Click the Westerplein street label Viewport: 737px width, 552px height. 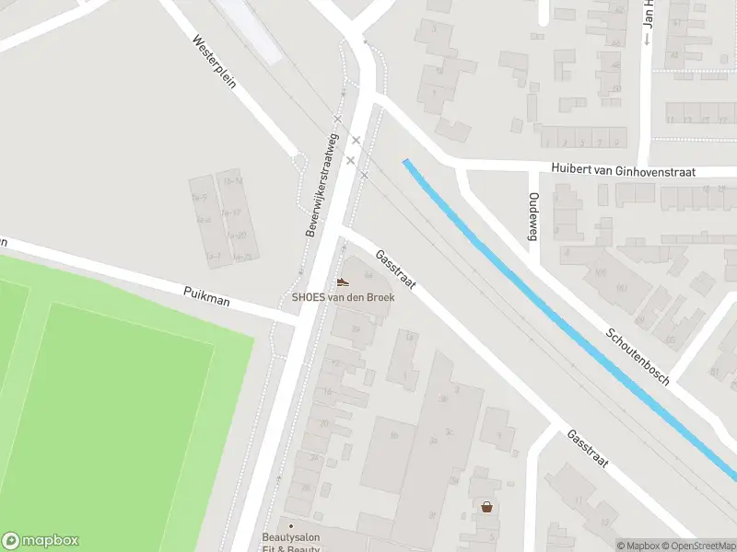click(215, 63)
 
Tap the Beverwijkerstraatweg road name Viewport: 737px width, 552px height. click(320, 184)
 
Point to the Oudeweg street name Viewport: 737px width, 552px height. click(532, 217)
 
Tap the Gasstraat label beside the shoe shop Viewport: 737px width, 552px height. click(396, 270)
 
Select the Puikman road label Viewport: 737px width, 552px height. click(206, 295)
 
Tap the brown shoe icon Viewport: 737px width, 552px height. click(343, 282)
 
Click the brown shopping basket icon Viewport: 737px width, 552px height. click(486, 506)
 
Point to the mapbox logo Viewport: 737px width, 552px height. click(41, 541)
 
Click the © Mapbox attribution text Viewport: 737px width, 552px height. click(638, 546)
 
